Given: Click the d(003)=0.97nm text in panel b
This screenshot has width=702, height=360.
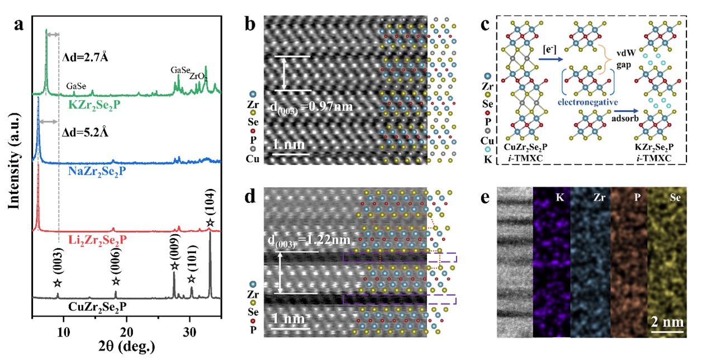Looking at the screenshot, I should pyautogui.click(x=314, y=107).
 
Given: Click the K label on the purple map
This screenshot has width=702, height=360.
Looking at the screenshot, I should pyautogui.click(x=559, y=197).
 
